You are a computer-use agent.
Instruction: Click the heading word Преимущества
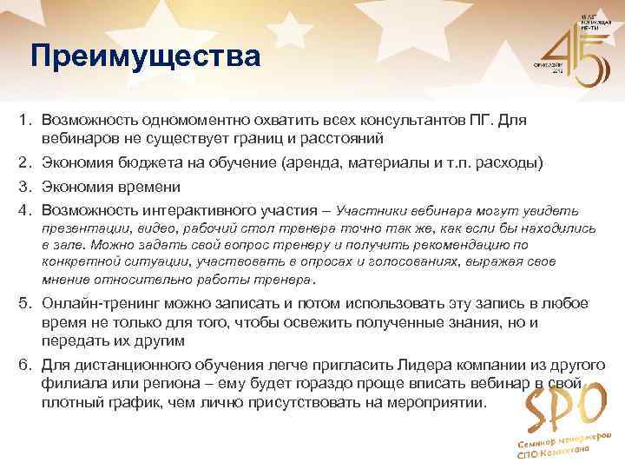(x=144, y=56)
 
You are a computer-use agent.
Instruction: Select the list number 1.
(x=28, y=118)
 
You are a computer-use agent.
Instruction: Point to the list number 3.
(x=28, y=186)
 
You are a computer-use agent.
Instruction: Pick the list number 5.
(x=28, y=303)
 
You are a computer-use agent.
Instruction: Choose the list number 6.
(x=28, y=365)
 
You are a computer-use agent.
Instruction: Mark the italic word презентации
(x=83, y=228)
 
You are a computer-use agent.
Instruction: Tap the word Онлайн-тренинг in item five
(x=96, y=303)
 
